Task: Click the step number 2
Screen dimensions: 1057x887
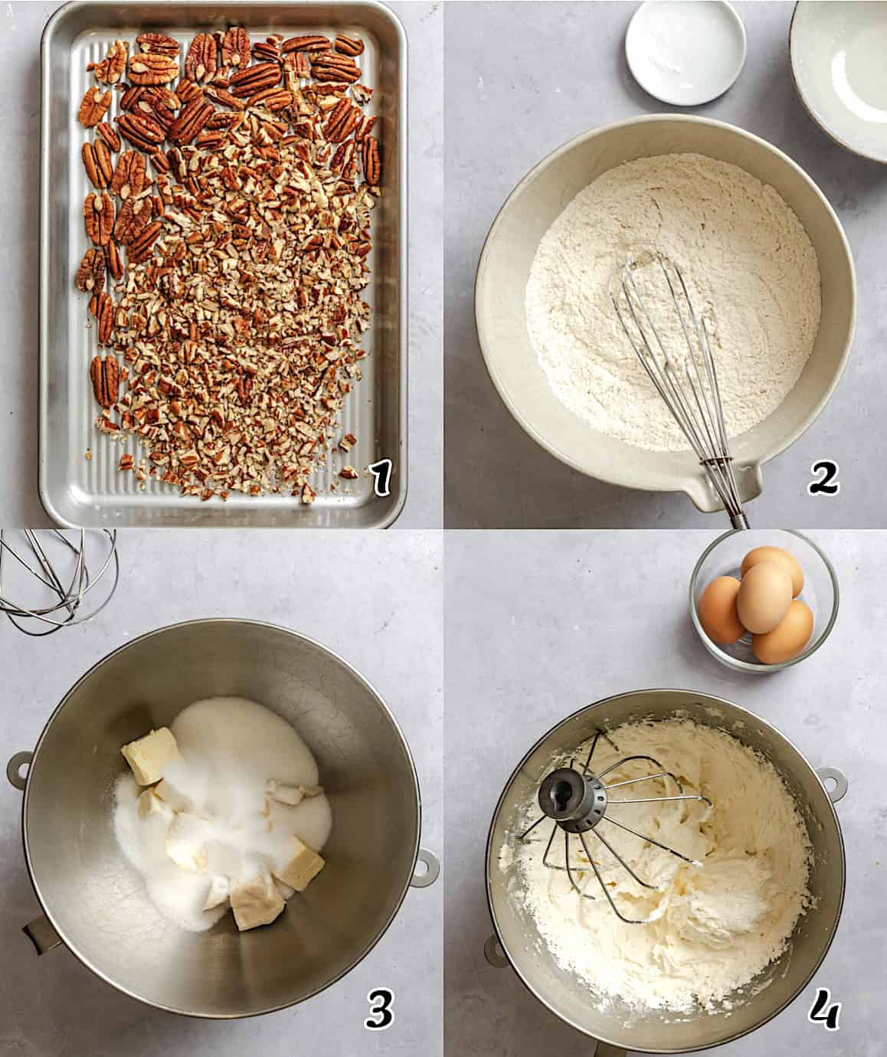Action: pos(823,479)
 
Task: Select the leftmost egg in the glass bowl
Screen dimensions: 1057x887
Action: pos(720,609)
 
